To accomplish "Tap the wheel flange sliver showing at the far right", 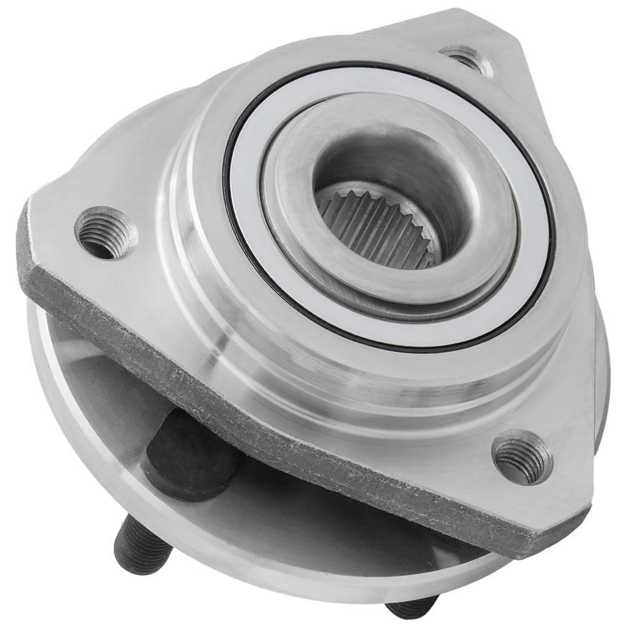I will [x=602, y=374].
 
